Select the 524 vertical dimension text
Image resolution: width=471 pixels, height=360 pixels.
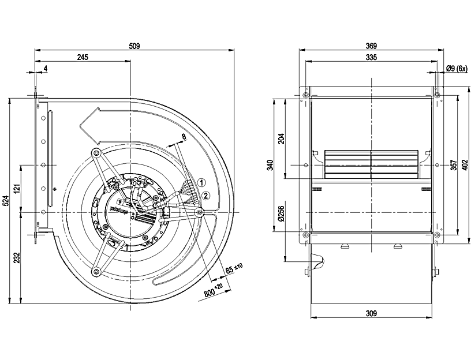(6, 200)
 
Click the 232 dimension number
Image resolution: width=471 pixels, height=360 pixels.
(17, 258)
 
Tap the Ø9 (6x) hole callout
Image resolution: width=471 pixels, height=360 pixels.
(456, 68)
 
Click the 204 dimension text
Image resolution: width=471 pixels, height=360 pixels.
(281, 138)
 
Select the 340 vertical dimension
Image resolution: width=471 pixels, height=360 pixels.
(270, 166)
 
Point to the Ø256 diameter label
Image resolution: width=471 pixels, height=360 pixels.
(281, 213)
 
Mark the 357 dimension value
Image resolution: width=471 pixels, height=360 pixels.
(453, 166)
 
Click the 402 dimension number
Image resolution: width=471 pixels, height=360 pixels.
(465, 166)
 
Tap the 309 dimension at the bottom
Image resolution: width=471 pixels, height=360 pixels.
(371, 313)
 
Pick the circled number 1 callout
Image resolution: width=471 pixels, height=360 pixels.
(201, 182)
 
